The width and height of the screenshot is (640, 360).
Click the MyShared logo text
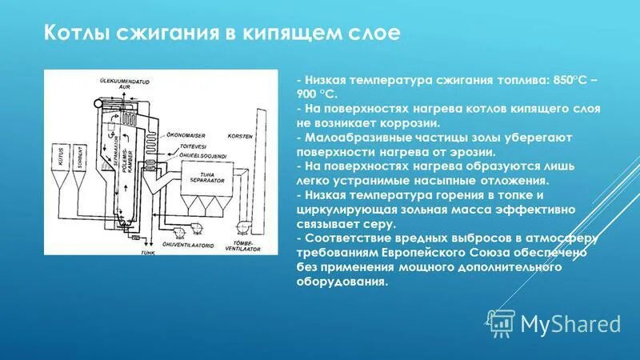tap(570, 323)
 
